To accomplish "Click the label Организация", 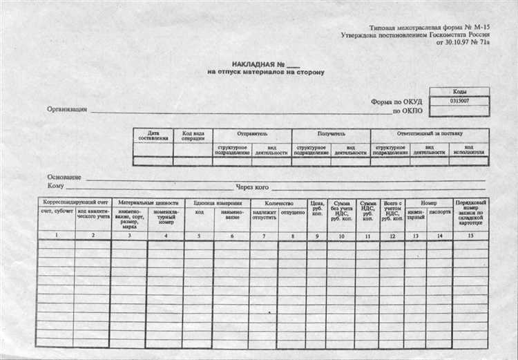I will (67, 108).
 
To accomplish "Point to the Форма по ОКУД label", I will (396, 102).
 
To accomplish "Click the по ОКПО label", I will (407, 111).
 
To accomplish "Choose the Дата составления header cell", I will (153, 136).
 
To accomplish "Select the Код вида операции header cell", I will (193, 136).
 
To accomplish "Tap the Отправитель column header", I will (252, 133).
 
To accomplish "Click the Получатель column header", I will (331, 133).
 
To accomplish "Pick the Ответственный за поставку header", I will (430, 133).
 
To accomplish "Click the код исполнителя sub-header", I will (469, 150).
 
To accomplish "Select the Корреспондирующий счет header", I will (74, 203).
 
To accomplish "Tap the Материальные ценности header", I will (147, 203).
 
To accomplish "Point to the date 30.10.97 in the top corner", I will (452, 43).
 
